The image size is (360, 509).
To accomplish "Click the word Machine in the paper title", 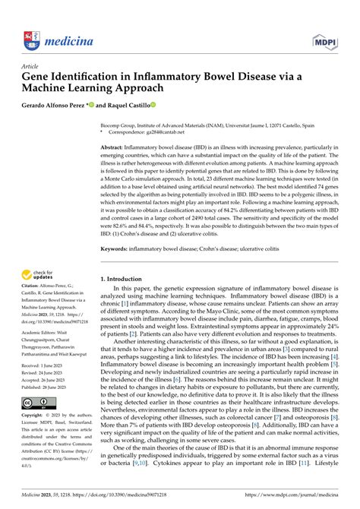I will point(55,88).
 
